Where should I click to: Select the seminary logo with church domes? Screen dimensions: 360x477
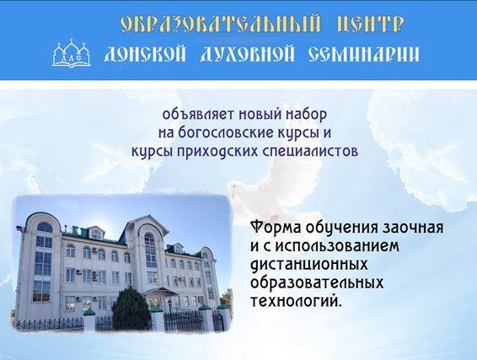coord(72,54)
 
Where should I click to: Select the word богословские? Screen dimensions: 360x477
coord(223,133)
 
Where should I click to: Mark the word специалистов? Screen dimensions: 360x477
coord(309,152)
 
